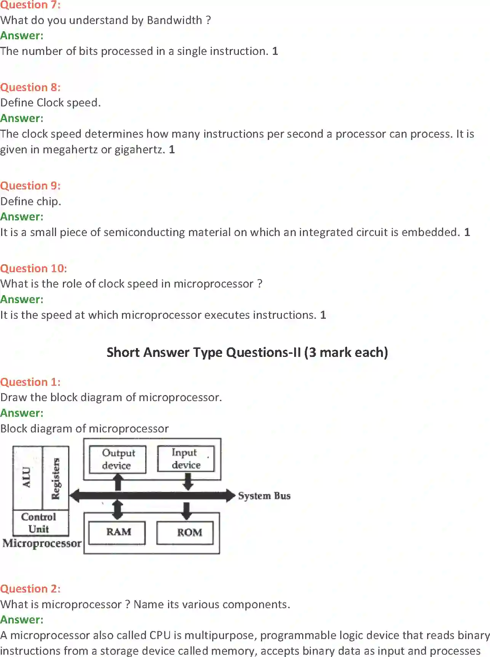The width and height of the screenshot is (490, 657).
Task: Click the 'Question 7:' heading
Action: click(x=30, y=5)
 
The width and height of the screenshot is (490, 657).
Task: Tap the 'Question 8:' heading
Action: click(x=30, y=87)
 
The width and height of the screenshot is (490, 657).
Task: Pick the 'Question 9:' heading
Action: click(x=30, y=186)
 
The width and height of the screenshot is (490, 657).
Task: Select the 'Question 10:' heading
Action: click(x=33, y=268)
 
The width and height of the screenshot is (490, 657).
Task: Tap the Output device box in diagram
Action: click(x=118, y=459)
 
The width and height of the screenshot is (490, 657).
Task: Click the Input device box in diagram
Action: click(x=186, y=459)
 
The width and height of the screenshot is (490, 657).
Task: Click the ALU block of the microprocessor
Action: click(x=27, y=477)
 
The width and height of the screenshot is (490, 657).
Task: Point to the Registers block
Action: click(x=56, y=478)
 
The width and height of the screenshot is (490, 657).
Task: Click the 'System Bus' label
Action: click(x=264, y=496)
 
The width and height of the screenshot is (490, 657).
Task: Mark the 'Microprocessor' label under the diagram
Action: click(x=42, y=543)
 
